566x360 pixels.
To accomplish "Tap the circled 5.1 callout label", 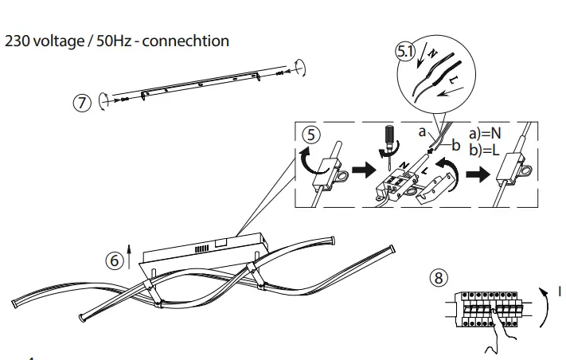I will [405, 53].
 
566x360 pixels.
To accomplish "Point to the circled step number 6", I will [115, 260].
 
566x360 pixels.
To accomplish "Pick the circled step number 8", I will [439, 277].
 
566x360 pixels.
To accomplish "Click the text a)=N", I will [485, 132].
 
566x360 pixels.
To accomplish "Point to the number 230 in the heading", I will [18, 41].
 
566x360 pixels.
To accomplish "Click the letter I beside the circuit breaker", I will [560, 292].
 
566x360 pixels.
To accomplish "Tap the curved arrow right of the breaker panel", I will [544, 307].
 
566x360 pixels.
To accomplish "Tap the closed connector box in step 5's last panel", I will [507, 170].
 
